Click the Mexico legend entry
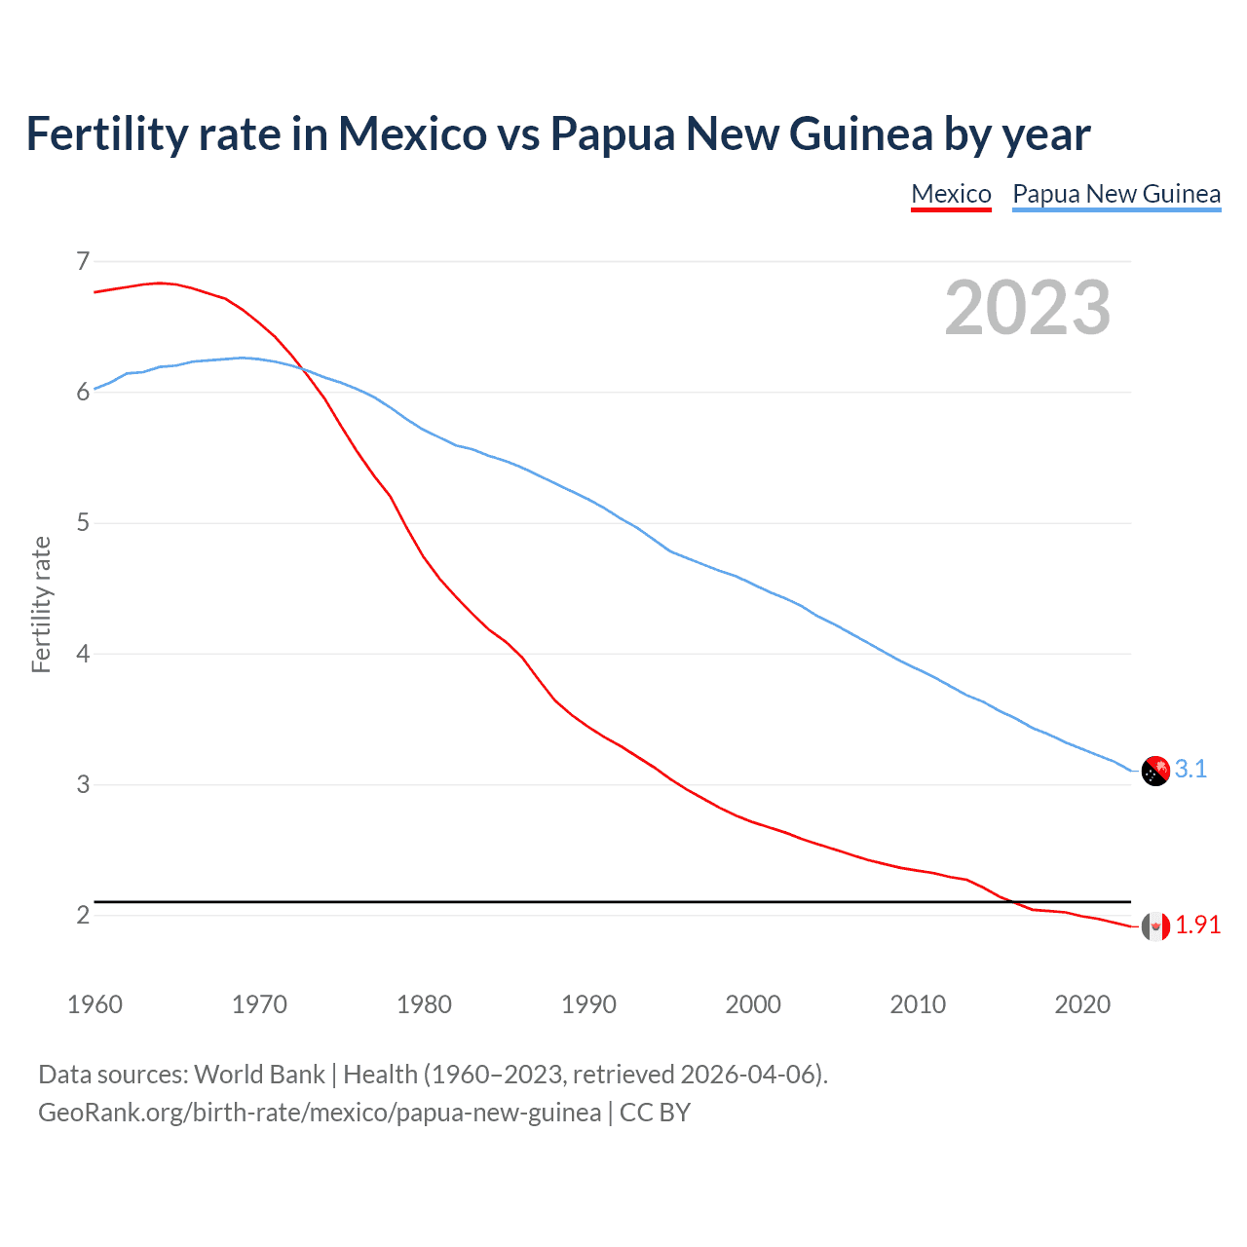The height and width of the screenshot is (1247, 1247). point(951,194)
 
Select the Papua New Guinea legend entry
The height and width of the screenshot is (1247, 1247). point(1116,194)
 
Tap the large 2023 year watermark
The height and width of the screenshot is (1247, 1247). point(1028,308)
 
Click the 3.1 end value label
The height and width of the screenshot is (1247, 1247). point(1190,769)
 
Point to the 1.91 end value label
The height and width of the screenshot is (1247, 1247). point(1197,925)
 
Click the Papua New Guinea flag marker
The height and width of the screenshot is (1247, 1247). point(1155,771)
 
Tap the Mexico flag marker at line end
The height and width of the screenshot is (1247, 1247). point(1155,926)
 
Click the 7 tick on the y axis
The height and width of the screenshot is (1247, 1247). point(83,261)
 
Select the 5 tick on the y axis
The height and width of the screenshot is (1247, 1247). point(83,523)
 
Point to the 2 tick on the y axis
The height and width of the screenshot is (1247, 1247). point(83,915)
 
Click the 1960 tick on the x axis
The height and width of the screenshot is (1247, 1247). point(94,1004)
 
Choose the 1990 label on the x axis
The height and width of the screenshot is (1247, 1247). point(588,1004)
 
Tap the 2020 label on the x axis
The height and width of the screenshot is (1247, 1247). point(1082,1004)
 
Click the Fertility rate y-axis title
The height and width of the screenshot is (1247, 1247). point(41,604)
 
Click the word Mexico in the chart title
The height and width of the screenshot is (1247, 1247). point(411,133)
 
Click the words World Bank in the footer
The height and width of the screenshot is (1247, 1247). point(259,1075)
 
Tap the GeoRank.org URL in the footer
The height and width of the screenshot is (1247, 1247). point(320,1113)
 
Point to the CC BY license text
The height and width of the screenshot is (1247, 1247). point(655,1113)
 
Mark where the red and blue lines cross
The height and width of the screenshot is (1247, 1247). point(302,369)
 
